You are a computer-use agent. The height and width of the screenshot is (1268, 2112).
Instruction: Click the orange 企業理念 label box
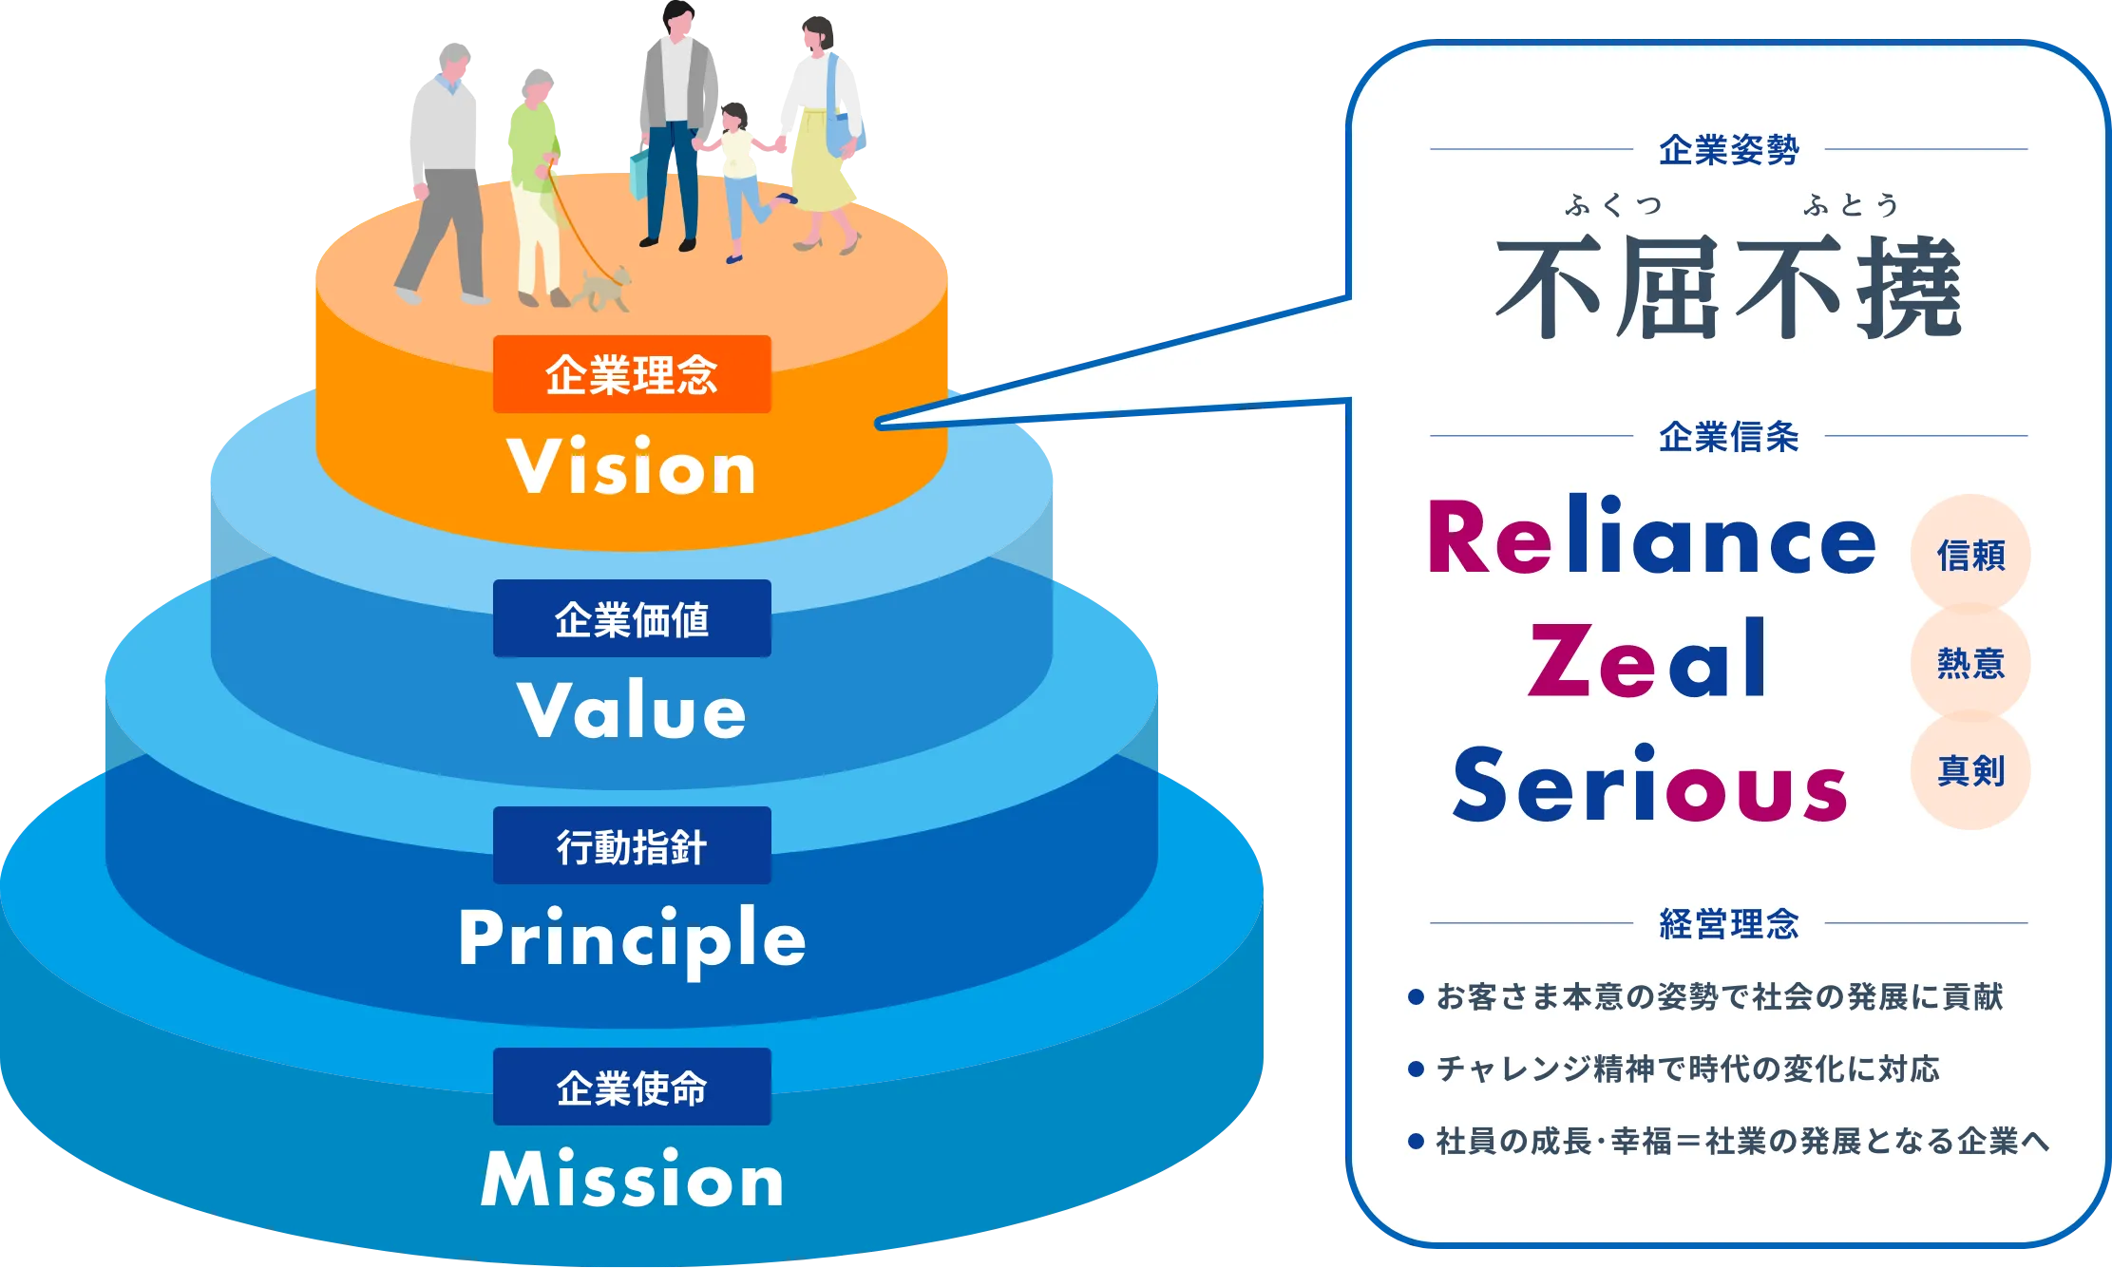pos(632,374)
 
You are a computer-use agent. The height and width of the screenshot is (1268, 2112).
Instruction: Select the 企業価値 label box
pos(632,618)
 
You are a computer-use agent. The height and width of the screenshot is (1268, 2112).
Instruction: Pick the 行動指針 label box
pos(632,845)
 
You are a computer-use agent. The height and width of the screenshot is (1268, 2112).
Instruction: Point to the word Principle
pos(632,940)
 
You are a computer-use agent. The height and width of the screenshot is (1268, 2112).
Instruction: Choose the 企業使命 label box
pos(632,1087)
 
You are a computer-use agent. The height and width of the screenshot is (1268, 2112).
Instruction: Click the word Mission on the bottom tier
pos(632,1178)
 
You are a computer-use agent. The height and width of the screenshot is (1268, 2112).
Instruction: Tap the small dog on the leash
pos(604,288)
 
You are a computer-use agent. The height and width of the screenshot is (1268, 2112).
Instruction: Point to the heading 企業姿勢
pos(1729,150)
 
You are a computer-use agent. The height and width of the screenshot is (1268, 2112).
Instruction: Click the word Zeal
pos(1647,658)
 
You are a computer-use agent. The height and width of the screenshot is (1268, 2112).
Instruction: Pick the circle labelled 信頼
pos(1970,554)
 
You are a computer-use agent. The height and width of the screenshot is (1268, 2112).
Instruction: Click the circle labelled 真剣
pos(1970,770)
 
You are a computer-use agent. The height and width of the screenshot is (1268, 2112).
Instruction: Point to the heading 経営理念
pos(1729,923)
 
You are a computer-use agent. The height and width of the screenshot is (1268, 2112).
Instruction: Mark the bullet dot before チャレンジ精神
pos(1416,1069)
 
